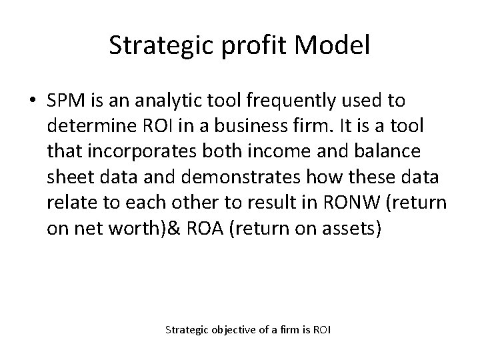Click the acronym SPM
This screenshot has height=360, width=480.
tap(65, 101)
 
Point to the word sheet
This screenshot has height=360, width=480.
tap(69, 178)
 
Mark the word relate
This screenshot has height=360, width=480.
tap(69, 203)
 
